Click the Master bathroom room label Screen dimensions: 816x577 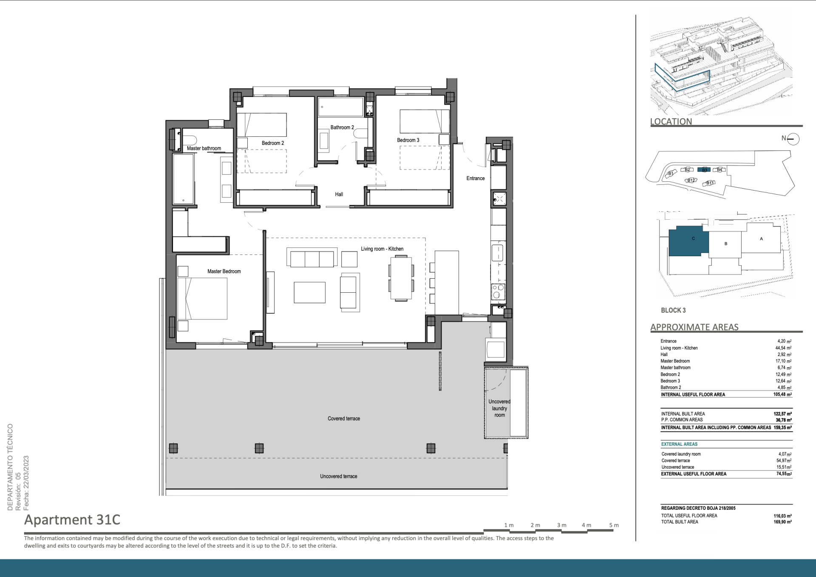point(204,148)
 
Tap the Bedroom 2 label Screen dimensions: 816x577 point(273,143)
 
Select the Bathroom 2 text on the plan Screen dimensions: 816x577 point(342,127)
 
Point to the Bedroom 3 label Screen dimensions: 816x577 point(408,140)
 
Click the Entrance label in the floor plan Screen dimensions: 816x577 point(476,178)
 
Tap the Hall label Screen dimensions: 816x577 point(339,194)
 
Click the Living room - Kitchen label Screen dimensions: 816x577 point(382,249)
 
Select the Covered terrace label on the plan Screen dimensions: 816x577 point(344,419)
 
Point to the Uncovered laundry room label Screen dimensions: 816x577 point(499,408)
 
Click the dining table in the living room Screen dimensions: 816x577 point(401,278)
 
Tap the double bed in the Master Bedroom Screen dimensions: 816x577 point(202,298)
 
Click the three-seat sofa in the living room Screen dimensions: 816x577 point(312,257)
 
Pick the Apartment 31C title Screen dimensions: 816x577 point(72,520)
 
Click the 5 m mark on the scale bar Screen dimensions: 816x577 point(614,525)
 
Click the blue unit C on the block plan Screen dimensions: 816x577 point(688,241)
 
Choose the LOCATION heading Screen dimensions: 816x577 point(671,122)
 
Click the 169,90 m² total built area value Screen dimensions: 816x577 point(782,522)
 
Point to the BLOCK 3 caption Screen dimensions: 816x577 point(673,311)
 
